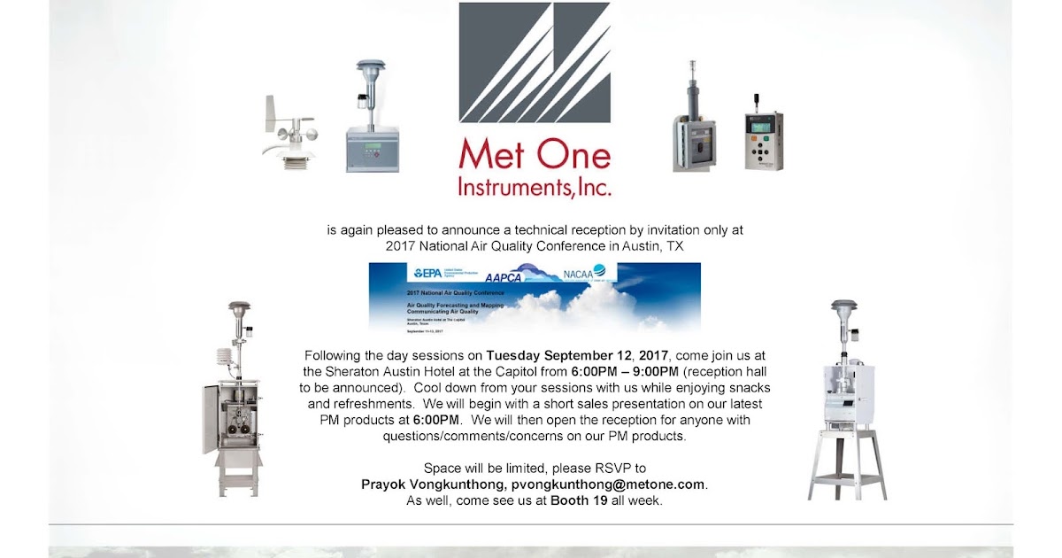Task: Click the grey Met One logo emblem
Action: click(x=535, y=62)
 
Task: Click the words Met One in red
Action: click(x=535, y=156)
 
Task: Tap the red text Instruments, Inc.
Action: click(x=535, y=187)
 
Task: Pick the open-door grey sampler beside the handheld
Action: click(x=693, y=133)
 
